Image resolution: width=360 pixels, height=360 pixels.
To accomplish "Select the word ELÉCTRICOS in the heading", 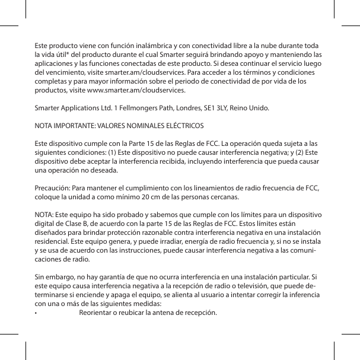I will click(182, 127).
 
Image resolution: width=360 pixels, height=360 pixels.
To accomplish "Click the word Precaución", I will click(53, 189).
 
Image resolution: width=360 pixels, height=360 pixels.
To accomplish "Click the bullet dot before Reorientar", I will click(36, 313).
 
